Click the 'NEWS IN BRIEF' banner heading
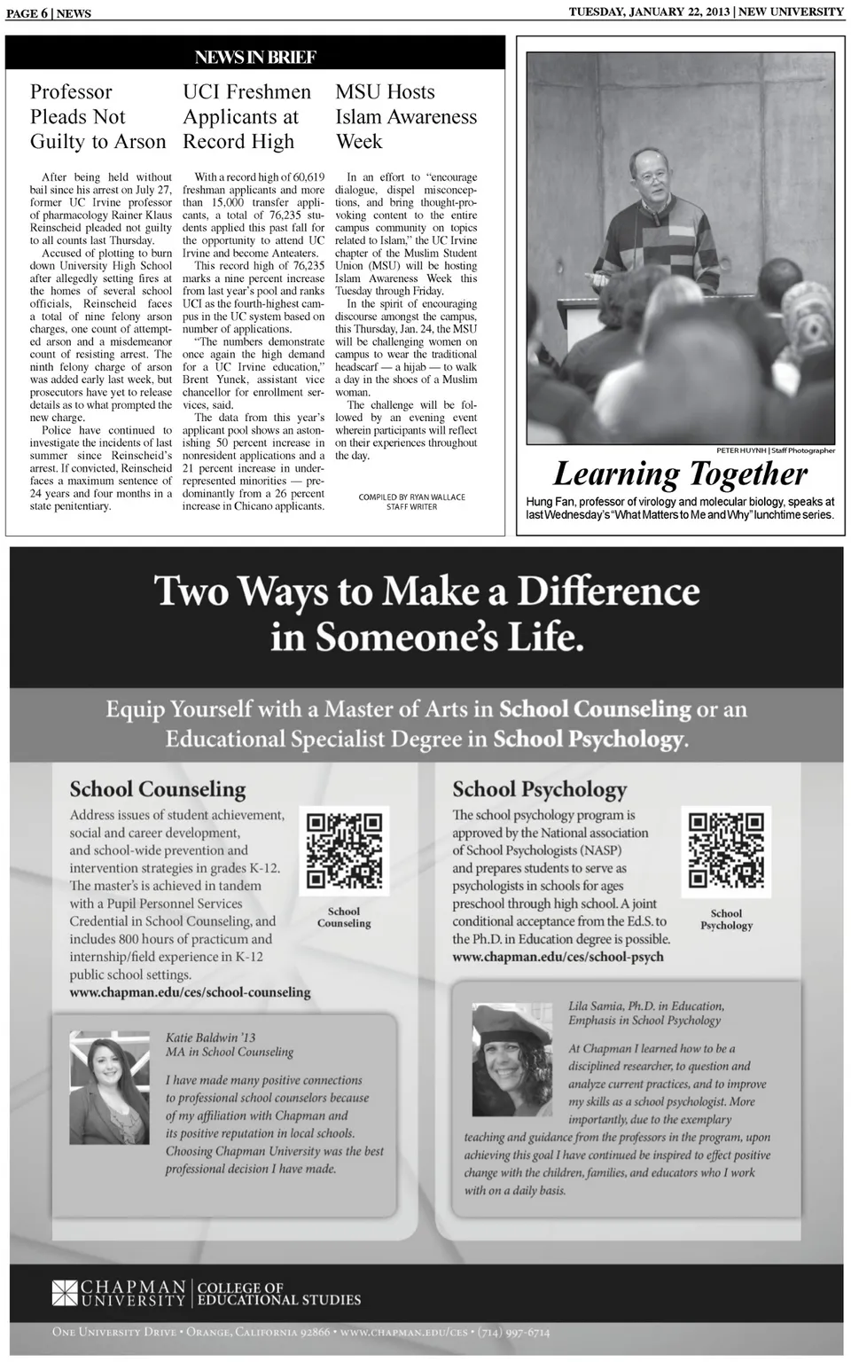(255, 58)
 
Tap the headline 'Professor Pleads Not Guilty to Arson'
(98, 117)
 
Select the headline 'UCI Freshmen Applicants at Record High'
(246, 117)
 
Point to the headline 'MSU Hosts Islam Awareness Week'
(405, 117)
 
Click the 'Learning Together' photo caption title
(680, 474)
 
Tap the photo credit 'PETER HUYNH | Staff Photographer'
(775, 450)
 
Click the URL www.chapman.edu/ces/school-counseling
(190, 992)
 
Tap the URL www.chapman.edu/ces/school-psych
(558, 957)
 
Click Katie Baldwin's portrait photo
(110, 1087)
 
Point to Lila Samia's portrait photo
(514, 1059)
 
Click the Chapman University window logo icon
(65, 1293)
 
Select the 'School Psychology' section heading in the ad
(539, 789)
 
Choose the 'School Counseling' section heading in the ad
(158, 789)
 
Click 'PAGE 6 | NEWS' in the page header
(48, 13)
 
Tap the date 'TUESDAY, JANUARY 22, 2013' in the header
(649, 12)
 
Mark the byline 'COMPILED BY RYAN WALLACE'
(411, 497)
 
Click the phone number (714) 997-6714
(513, 1332)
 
